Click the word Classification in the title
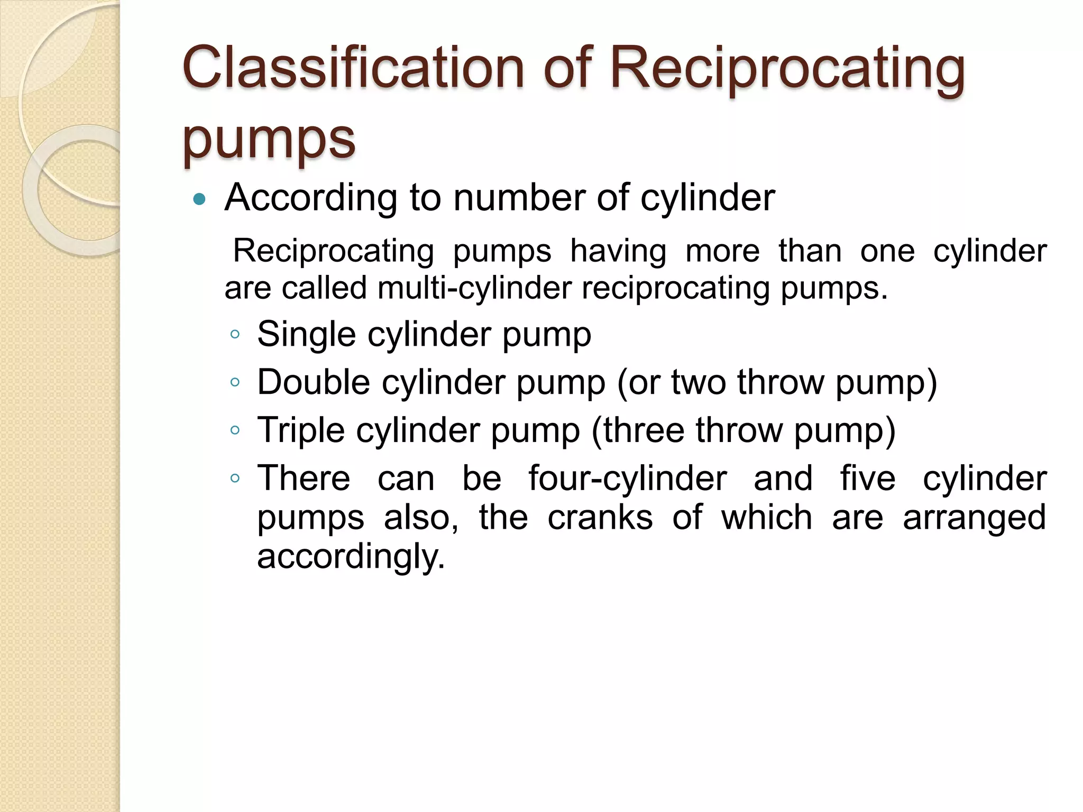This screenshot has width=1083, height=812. click(x=352, y=68)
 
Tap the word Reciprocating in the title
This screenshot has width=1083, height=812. click(x=787, y=70)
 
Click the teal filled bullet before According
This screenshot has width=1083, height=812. click(x=199, y=199)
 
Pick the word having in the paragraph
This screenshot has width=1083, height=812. click(x=618, y=251)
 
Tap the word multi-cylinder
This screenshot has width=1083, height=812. click(x=474, y=288)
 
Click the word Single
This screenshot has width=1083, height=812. click(x=306, y=335)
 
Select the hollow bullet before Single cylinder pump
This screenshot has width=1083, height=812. click(x=235, y=335)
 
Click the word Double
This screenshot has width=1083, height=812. click(x=313, y=382)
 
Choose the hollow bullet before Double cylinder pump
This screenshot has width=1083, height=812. click(x=235, y=382)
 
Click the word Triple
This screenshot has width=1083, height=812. click(x=301, y=430)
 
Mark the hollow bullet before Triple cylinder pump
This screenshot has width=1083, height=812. click(x=235, y=430)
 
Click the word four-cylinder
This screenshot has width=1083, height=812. click(x=628, y=479)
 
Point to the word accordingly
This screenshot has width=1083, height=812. click(x=351, y=557)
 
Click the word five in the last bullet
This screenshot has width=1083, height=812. click(x=868, y=478)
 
